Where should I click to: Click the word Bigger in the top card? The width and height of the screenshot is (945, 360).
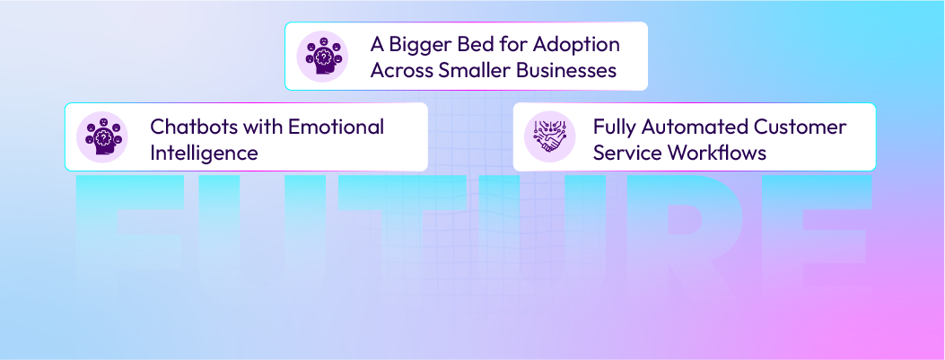click(x=419, y=45)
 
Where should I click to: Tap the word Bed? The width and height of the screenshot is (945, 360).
click(x=475, y=44)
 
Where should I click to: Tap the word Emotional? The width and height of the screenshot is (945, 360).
click(x=336, y=127)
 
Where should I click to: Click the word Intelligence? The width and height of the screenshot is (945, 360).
click(x=204, y=153)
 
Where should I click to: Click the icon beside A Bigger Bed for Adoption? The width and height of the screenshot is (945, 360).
click(x=322, y=57)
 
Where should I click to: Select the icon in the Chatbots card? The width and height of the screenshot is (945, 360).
click(x=102, y=137)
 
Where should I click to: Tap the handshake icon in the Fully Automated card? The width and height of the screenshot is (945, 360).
click(x=550, y=137)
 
